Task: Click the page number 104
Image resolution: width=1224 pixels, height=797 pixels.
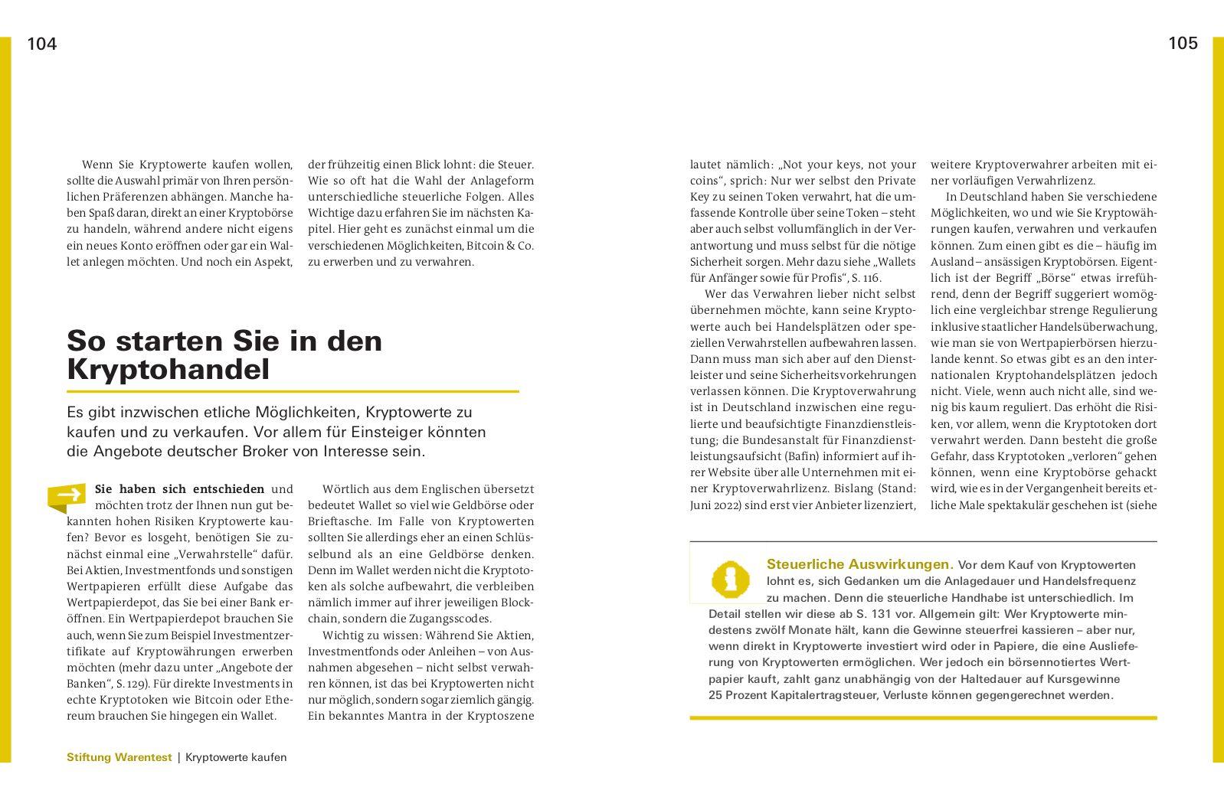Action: click(42, 44)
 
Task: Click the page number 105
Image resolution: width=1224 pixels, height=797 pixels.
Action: click(1183, 44)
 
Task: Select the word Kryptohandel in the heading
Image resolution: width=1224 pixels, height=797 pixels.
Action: click(169, 370)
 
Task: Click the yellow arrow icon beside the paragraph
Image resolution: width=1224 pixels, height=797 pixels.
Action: click(67, 495)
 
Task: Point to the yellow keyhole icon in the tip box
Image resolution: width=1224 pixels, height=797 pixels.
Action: click(730, 579)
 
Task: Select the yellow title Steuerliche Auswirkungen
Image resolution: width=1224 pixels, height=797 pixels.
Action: click(859, 564)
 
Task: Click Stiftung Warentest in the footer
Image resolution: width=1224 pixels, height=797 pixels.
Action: click(119, 757)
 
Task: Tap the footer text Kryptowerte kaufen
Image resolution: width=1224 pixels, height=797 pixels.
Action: click(236, 757)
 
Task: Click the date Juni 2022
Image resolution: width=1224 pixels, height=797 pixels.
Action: click(719, 505)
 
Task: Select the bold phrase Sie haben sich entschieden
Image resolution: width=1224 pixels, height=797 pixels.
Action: click(179, 489)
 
